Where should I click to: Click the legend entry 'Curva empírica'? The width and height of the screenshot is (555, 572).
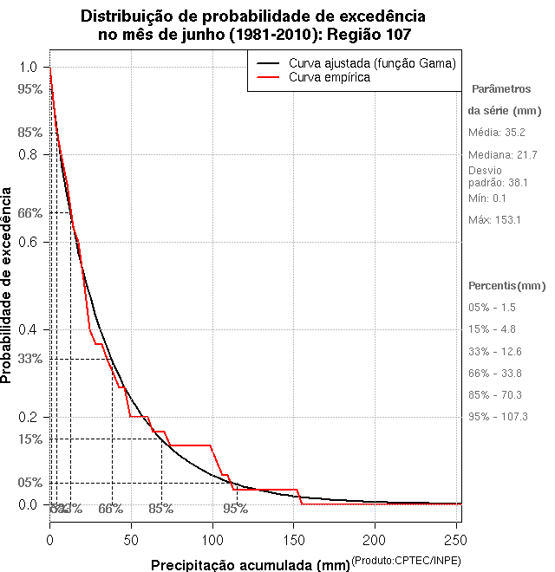tap(330, 77)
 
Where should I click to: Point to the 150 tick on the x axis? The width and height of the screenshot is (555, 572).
tap(293, 526)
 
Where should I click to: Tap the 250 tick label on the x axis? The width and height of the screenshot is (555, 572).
tap(455, 540)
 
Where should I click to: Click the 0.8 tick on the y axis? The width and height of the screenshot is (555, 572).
tap(45, 154)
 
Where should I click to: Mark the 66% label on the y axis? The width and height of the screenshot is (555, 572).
tap(30, 213)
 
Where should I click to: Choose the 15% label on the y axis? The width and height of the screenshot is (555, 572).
tap(30, 439)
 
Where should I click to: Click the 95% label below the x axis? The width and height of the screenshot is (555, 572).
tap(235, 509)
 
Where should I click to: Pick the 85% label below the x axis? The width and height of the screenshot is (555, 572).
tap(160, 509)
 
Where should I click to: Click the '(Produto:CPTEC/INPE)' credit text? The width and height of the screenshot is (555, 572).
tap(406, 561)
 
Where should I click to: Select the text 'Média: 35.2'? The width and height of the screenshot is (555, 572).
tap(497, 132)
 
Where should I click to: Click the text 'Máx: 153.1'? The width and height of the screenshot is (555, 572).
tap(494, 219)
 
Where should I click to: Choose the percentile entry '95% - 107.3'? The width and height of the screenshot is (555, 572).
tap(498, 416)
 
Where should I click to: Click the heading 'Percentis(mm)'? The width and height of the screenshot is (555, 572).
tap(507, 285)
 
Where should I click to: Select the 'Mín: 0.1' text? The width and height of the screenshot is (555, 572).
tap(487, 198)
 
